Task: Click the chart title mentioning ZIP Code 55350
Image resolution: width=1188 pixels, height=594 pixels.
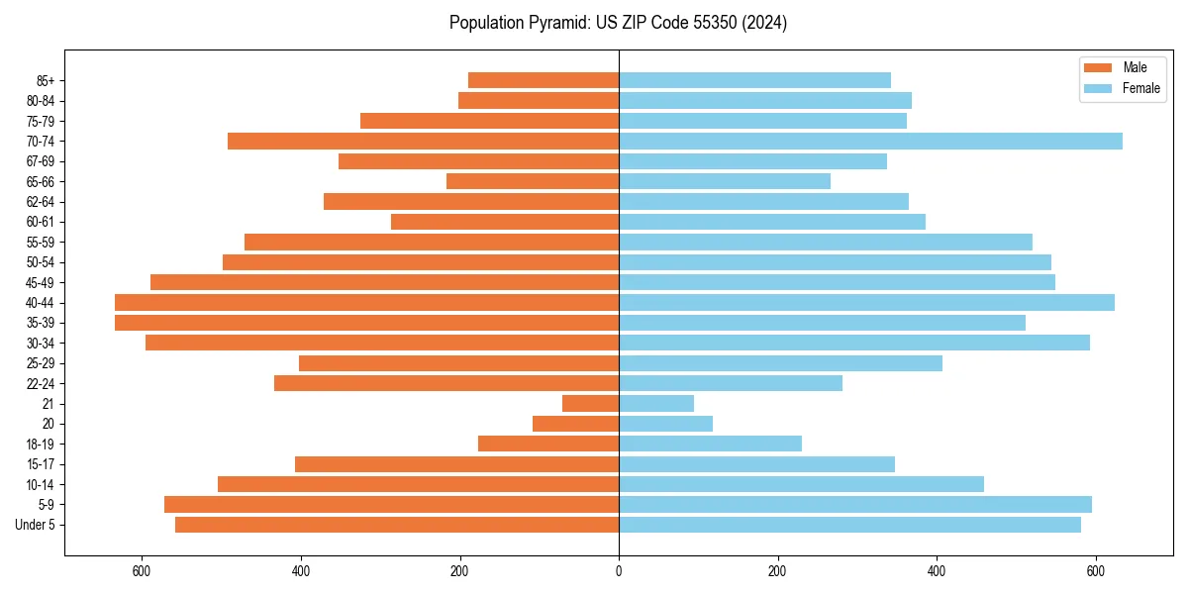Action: point(618,23)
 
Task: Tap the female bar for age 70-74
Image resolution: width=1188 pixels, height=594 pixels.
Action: point(870,141)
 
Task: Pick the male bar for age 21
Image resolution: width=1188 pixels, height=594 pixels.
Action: point(590,404)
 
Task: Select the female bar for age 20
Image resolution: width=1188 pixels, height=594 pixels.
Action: point(665,424)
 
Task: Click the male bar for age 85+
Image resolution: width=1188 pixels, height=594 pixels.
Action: point(544,80)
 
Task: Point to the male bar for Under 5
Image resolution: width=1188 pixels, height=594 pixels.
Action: point(397,525)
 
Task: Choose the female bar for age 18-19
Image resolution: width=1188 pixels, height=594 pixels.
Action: point(710,444)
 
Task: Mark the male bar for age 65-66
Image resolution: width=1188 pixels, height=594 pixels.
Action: point(533,181)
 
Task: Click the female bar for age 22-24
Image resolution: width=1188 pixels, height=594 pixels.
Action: point(731,383)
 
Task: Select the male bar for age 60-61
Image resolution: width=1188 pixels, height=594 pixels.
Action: point(505,222)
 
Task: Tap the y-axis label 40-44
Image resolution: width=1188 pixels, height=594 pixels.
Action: point(41,303)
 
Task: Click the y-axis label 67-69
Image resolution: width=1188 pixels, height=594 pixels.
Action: point(41,161)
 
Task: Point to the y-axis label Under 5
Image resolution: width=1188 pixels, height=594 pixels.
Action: point(36,525)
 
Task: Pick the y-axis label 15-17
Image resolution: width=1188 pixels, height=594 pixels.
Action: point(41,464)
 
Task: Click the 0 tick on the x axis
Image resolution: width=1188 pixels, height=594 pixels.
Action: point(619,571)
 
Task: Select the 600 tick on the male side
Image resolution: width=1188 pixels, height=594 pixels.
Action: point(142,571)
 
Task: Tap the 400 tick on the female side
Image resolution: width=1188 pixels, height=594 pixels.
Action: point(937,571)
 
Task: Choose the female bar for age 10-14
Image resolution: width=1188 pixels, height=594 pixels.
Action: point(801,484)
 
